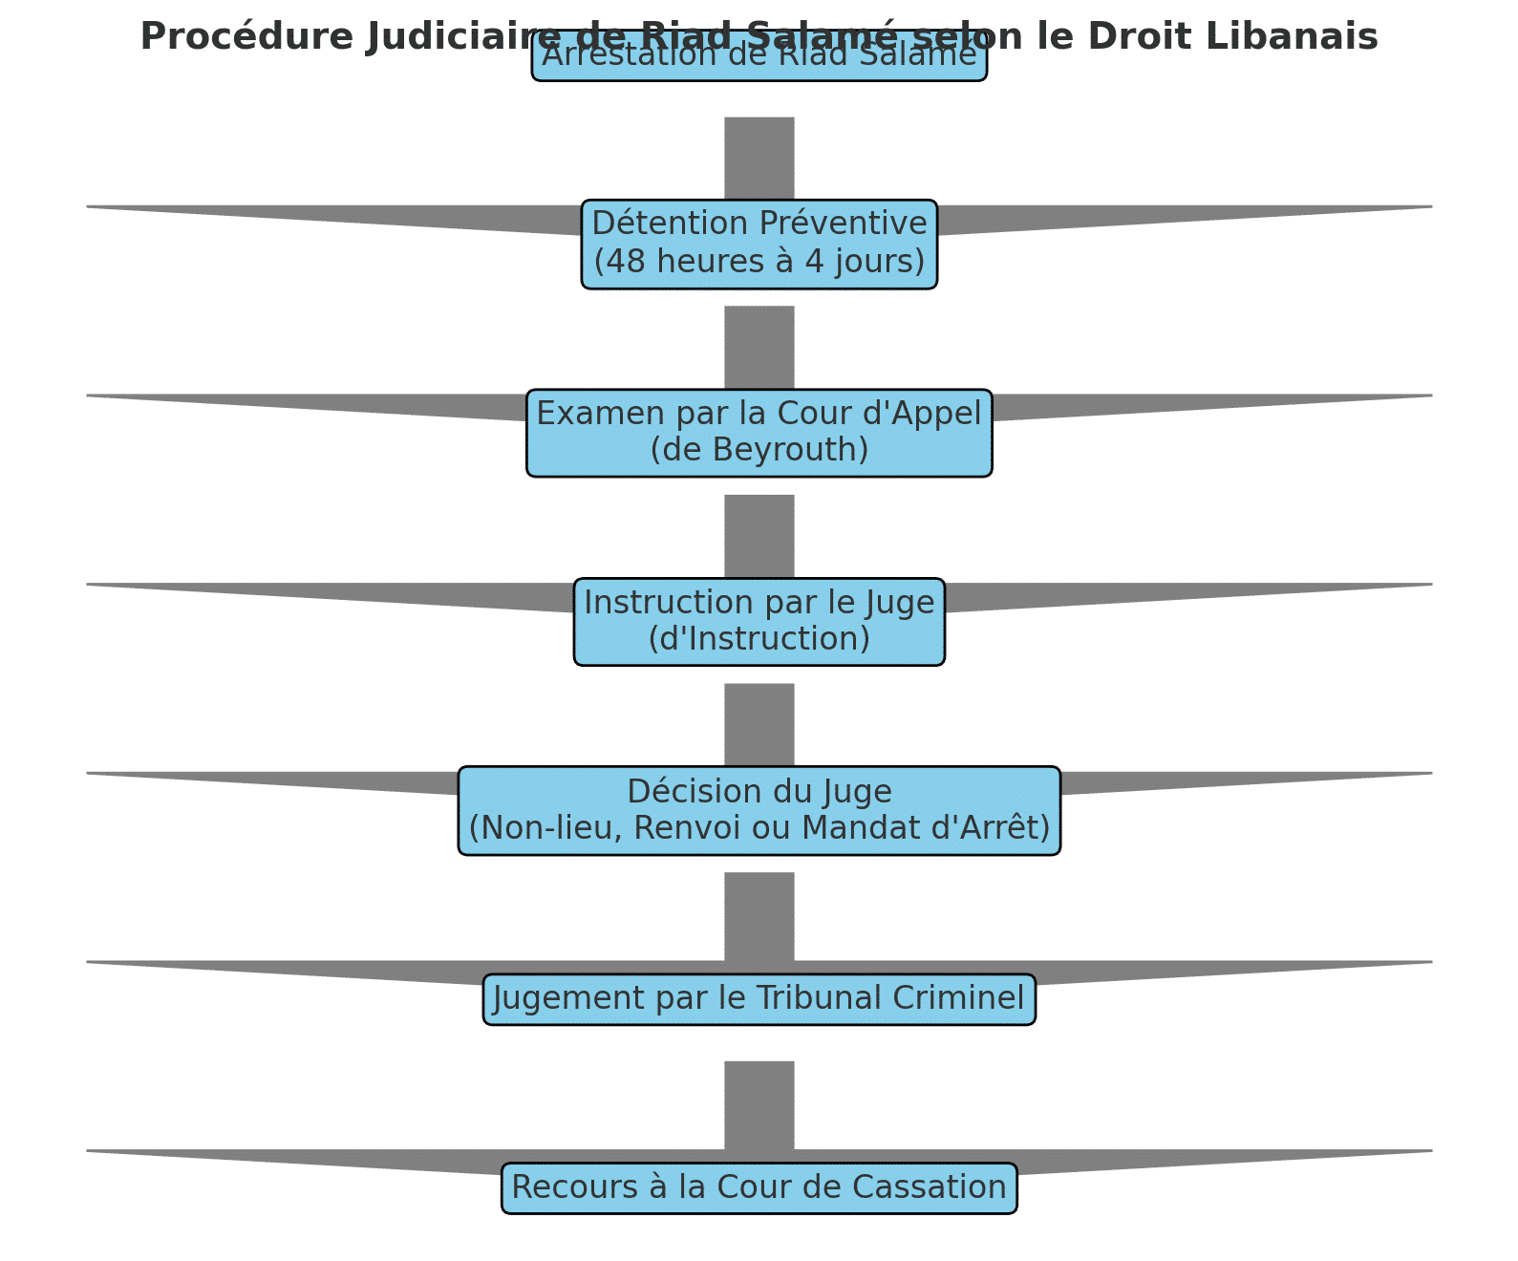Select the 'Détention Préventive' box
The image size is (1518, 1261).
[759, 244]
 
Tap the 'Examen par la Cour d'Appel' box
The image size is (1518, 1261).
[759, 432]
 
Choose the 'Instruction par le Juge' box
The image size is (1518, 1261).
[759, 621]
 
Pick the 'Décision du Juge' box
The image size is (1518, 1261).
[759, 810]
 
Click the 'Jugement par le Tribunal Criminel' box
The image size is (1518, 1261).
[759, 998]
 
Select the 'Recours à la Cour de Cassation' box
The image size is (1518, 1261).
[759, 1187]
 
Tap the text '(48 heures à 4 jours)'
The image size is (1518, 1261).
[759, 261]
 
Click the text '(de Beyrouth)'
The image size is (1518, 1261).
[759, 449]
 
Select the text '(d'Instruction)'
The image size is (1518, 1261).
[759, 638]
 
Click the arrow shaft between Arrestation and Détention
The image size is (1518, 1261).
[759, 158]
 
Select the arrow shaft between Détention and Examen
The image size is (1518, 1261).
[759, 347]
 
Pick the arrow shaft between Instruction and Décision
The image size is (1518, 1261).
[759, 724]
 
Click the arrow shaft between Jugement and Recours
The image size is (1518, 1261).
[759, 1103]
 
